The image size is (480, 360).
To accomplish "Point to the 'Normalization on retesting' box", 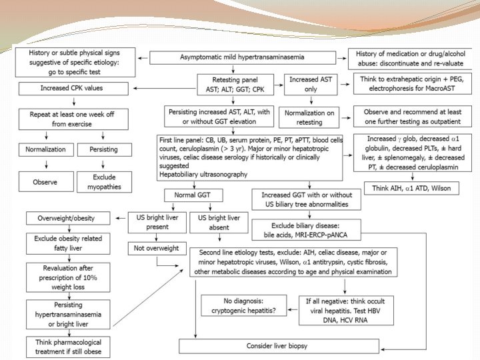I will point(309,118).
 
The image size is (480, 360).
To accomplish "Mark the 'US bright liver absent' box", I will point(215,223).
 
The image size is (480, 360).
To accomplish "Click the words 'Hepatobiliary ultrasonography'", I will point(203,175).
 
